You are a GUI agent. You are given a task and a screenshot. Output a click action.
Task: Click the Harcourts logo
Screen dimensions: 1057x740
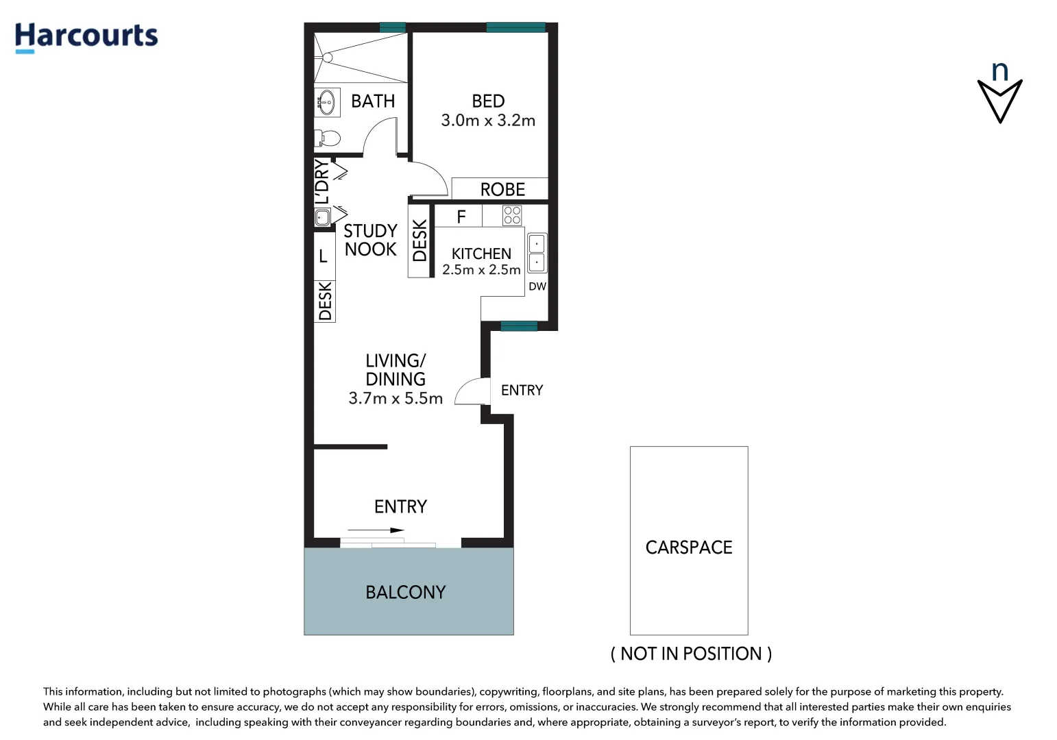86,37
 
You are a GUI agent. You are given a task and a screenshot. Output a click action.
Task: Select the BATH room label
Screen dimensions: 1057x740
373,101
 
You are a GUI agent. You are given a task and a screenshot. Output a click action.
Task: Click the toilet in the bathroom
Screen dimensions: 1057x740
328,138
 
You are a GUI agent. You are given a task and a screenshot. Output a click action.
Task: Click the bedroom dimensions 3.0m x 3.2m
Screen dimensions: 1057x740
488,121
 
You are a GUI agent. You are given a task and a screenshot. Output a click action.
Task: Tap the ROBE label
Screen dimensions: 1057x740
502,190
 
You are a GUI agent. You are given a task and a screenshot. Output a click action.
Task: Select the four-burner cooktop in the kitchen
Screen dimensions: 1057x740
512,216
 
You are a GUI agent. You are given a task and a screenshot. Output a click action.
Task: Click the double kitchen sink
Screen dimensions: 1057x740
537,253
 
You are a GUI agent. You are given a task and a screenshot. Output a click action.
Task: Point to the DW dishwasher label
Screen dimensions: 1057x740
537,286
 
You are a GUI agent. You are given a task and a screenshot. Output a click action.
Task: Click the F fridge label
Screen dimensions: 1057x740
461,217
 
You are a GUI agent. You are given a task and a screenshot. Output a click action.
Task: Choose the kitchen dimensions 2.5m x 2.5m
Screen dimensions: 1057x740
481,270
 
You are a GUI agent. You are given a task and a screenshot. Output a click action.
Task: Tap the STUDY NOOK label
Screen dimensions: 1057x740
370,240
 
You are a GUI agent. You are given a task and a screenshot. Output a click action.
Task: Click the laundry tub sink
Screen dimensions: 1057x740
323,217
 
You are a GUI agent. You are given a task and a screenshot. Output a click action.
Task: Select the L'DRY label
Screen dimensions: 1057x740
322,182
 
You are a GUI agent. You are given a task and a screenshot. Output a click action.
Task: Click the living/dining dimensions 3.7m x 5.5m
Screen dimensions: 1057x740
396,399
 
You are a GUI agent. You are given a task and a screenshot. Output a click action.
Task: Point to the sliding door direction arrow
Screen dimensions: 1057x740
376,530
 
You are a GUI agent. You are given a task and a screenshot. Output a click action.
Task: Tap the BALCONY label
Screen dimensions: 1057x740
406,593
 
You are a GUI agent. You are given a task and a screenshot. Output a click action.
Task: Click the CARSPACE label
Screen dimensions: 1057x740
689,547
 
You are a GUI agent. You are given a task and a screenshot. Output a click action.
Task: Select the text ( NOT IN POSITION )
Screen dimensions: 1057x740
691,654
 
